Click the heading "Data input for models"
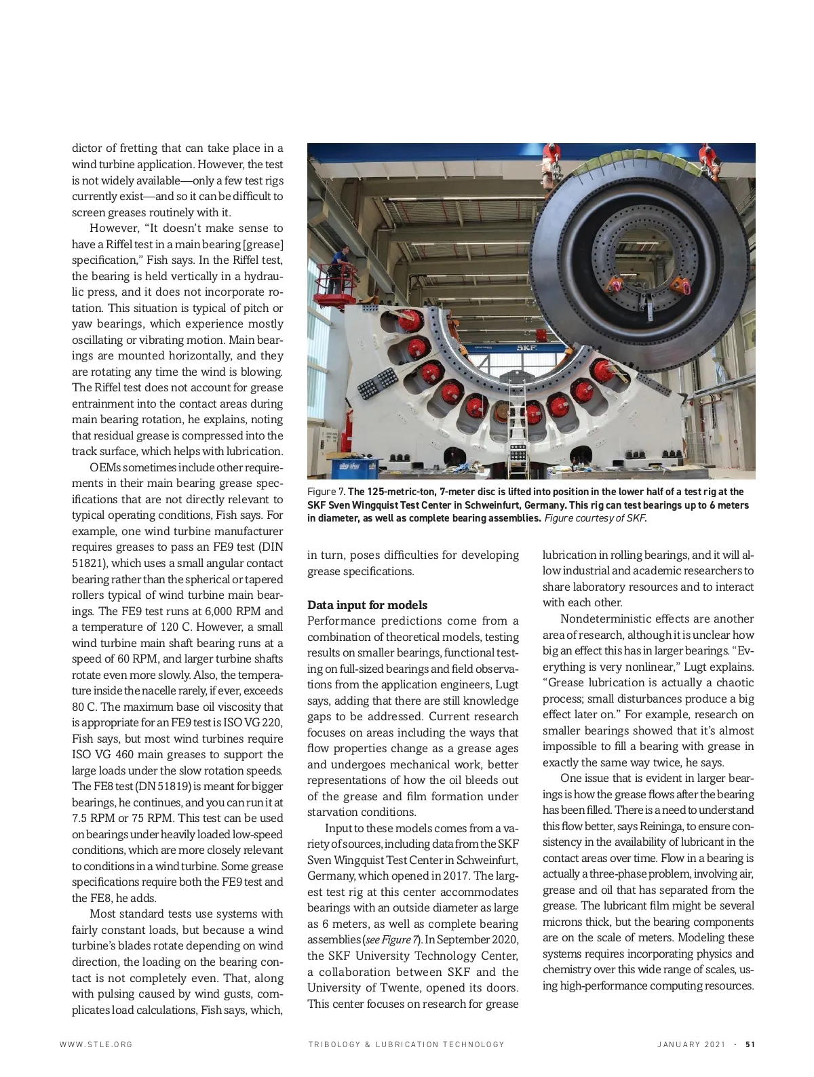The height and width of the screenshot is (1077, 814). (368, 605)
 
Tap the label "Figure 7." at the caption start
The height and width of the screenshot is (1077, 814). (326, 492)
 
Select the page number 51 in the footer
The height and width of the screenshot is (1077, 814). (750, 1044)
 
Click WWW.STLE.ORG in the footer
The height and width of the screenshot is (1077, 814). (96, 1044)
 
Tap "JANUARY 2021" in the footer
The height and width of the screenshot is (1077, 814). (691, 1044)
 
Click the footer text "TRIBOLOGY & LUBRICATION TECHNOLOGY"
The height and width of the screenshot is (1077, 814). (406, 1044)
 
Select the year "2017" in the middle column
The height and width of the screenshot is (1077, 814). (450, 876)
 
